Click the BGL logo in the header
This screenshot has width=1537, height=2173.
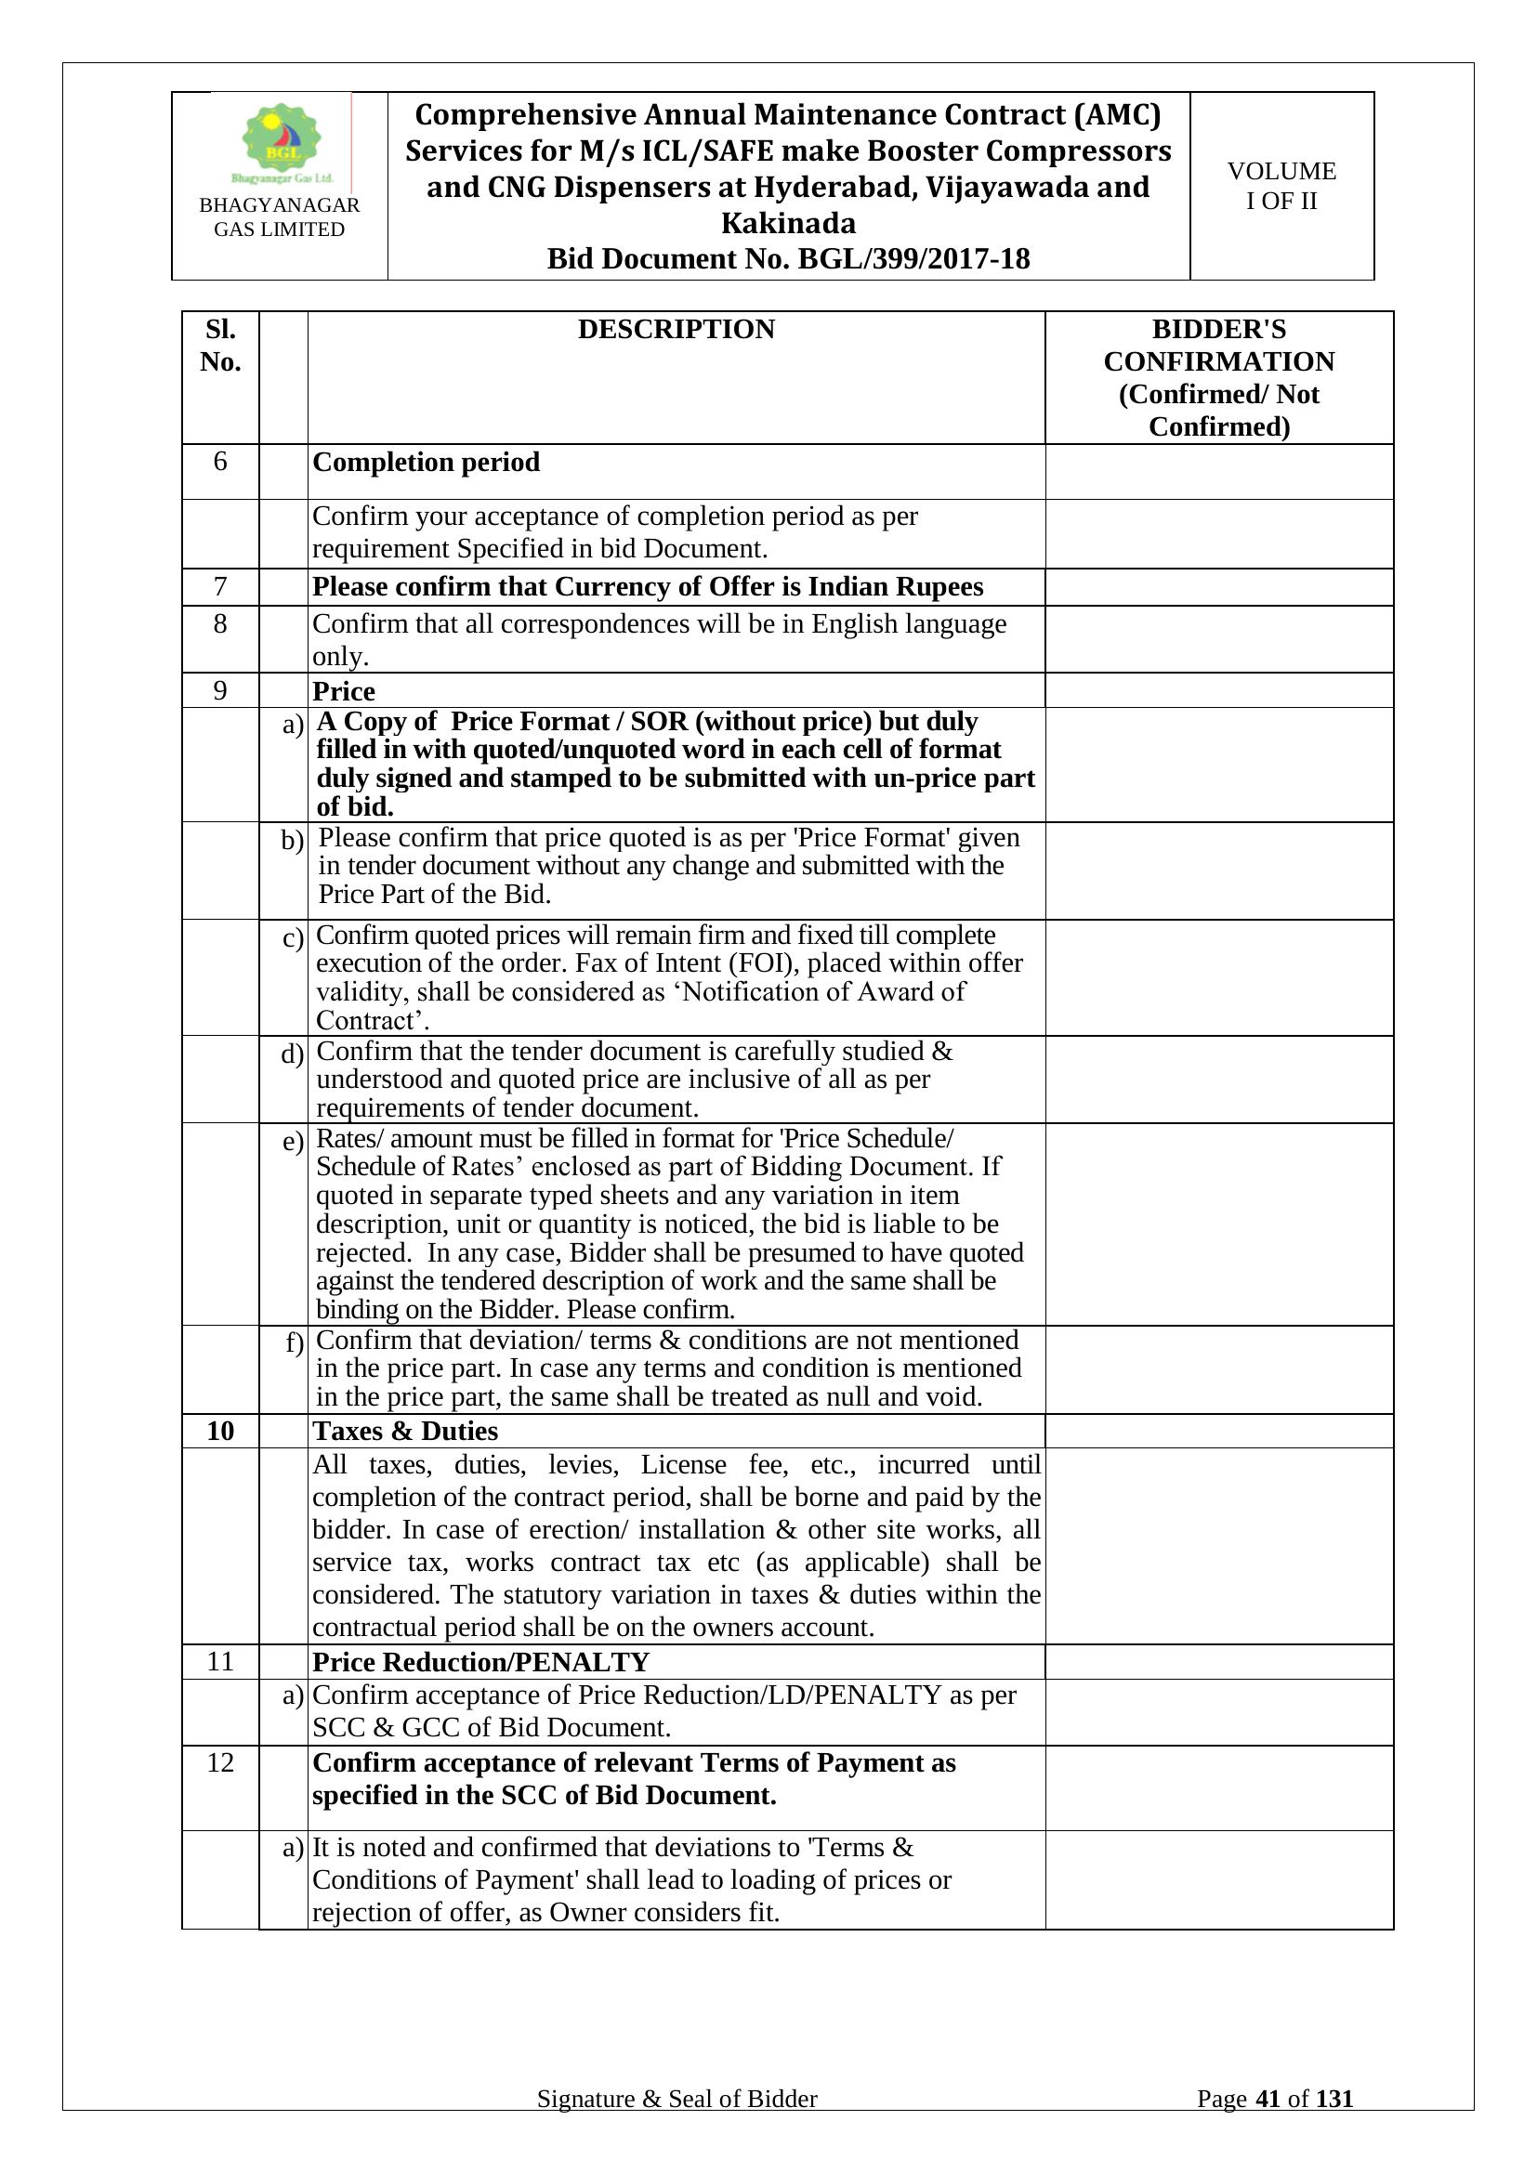pos(281,142)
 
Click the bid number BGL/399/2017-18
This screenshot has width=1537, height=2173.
pos(913,258)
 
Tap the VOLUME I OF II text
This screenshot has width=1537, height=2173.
pos(1281,186)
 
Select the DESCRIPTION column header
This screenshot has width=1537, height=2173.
pos(676,330)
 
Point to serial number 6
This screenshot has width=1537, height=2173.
pos(220,461)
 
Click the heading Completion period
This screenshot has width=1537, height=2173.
pos(426,462)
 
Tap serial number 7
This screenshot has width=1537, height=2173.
pos(220,587)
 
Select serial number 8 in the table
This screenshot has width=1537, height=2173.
pos(220,623)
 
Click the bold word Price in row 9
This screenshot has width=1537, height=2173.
pos(344,691)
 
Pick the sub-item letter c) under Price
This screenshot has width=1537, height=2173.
pos(294,938)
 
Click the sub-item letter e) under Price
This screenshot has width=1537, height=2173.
pos(294,1142)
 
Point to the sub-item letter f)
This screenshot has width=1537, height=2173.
pos(295,1343)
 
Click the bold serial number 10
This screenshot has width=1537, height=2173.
pos(220,1431)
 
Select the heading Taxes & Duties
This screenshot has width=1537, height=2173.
pos(405,1431)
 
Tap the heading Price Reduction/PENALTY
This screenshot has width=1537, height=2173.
pos(480,1662)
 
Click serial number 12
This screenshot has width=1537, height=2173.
pos(220,1762)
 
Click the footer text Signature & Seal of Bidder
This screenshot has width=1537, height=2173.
pos(677,2099)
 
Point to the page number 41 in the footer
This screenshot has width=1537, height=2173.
pos(1268,2099)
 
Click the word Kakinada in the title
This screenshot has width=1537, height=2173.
pos(788,223)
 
